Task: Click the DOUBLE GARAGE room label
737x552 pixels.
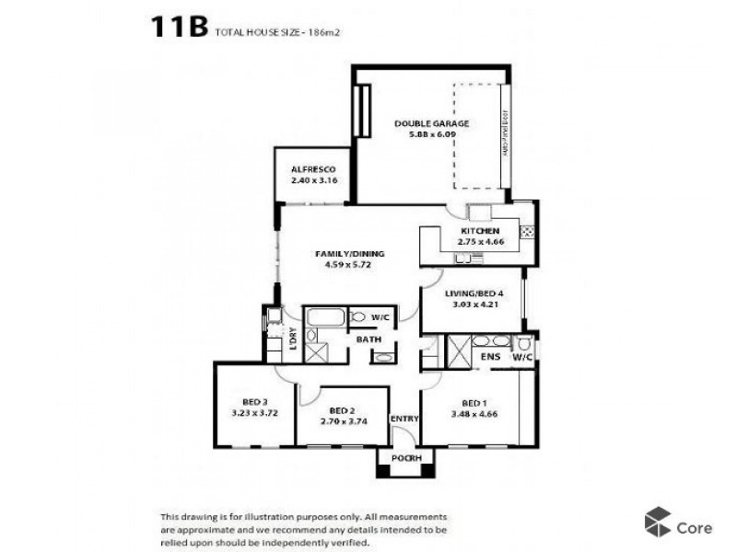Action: [432, 123]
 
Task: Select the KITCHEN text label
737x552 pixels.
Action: [481, 231]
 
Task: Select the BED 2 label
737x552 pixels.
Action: [341, 410]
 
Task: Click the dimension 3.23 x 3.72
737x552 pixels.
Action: [254, 414]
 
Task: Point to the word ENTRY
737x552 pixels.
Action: [404, 420]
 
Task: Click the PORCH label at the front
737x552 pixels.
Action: [405, 458]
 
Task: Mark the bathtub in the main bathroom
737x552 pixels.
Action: [324, 318]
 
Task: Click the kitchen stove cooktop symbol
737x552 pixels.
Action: [529, 231]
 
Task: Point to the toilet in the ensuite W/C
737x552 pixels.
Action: [524, 343]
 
